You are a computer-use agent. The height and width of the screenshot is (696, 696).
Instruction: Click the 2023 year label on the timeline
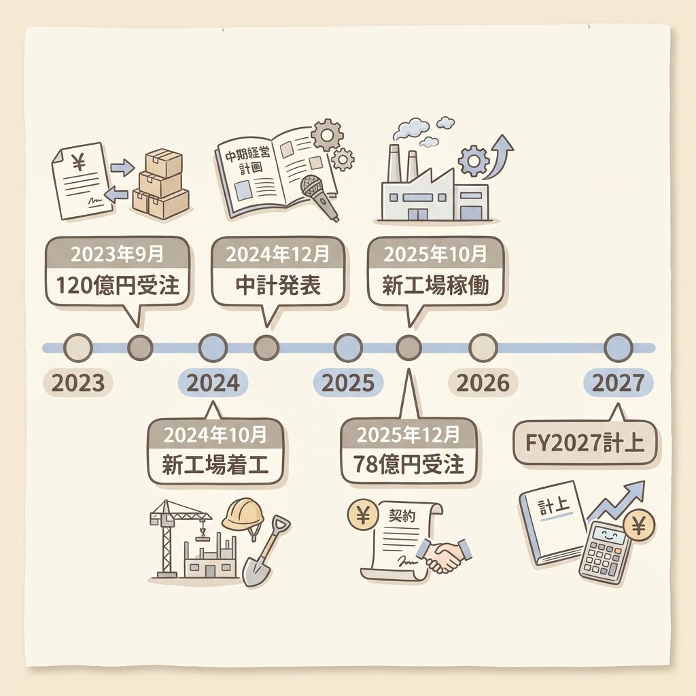[x=78, y=383]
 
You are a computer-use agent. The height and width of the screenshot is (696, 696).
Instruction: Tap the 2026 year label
[x=483, y=383]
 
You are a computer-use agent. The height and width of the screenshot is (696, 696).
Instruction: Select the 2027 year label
[x=619, y=383]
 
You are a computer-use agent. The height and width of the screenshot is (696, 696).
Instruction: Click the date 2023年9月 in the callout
[x=118, y=255]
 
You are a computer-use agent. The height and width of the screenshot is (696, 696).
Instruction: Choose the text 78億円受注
[x=409, y=465]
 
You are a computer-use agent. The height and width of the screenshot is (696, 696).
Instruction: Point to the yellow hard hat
[x=243, y=515]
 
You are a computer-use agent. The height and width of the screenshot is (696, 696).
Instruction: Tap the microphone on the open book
[x=319, y=195]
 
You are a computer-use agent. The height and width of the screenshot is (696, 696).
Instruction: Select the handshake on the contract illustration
[x=445, y=555]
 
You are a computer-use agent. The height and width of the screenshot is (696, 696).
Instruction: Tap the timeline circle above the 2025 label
[x=348, y=348]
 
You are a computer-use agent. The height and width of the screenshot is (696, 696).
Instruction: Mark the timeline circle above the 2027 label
[x=619, y=348]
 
